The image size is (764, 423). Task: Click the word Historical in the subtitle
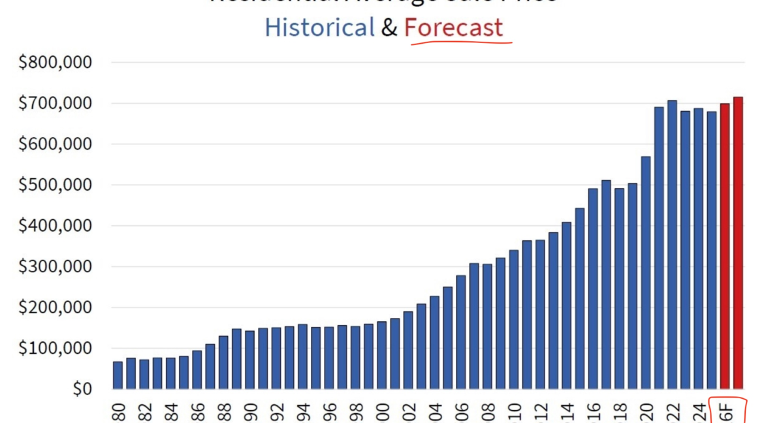click(x=319, y=27)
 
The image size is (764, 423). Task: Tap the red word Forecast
click(x=454, y=27)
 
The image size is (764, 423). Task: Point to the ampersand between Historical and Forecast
click(x=389, y=28)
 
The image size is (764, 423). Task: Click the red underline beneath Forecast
click(x=461, y=43)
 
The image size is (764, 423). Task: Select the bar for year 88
click(x=223, y=362)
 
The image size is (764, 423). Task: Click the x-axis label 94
click(x=303, y=412)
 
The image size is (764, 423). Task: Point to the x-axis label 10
click(x=514, y=412)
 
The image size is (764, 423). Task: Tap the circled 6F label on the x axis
click(x=727, y=412)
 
